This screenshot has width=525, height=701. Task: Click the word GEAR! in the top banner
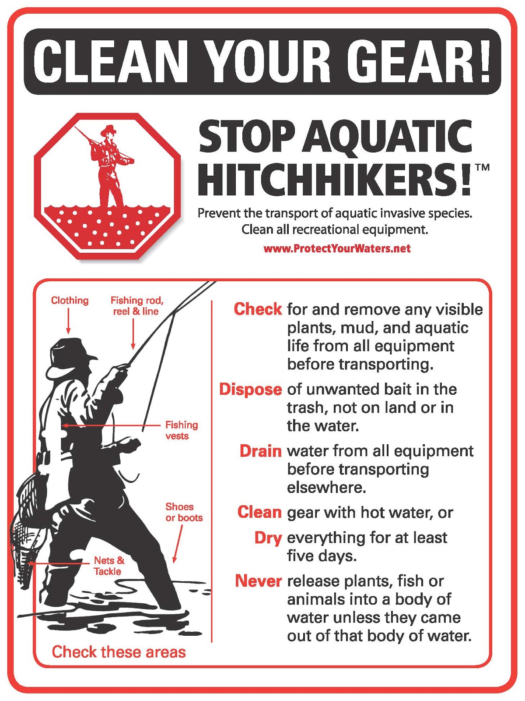pos(422,61)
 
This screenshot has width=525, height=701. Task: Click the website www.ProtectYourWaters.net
pos(337,249)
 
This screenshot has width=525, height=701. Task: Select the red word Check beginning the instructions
pos(258,309)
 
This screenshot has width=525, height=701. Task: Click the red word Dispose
pos(250,389)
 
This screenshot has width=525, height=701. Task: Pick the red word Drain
pos(260,451)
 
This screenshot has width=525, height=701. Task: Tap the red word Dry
pos(268,538)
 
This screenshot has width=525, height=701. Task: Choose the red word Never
pos(258,581)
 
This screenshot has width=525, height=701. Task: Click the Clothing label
pos(70,301)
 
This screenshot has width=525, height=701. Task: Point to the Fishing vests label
pos(181,430)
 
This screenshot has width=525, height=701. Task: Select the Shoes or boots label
pos(184,512)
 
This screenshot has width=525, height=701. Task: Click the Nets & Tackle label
pos(108,566)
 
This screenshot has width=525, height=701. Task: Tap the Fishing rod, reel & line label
pos(136,306)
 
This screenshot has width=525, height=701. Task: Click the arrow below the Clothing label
pos(68,321)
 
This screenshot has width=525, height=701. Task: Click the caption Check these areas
pos(119,652)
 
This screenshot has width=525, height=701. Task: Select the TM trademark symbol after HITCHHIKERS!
pos(482,167)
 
